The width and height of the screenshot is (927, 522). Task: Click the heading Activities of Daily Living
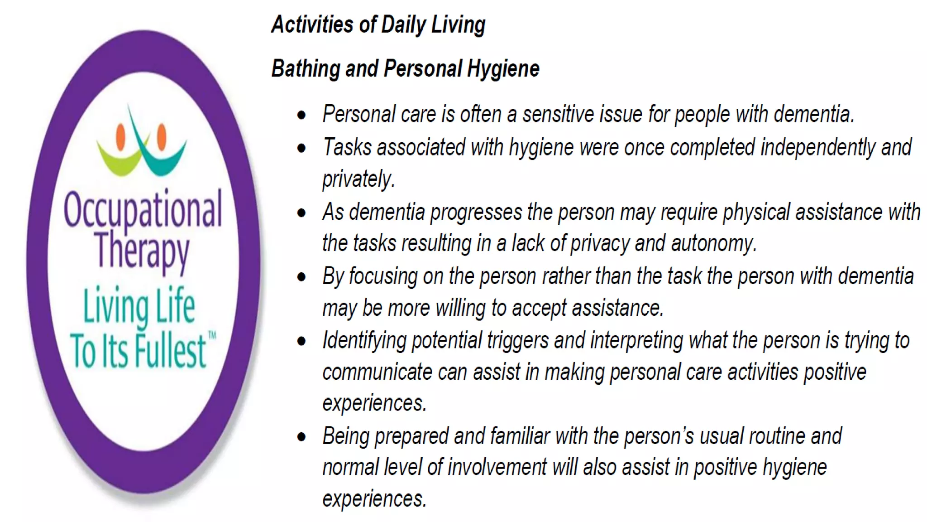coord(378,24)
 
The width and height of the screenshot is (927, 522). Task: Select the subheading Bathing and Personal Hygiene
coord(405,69)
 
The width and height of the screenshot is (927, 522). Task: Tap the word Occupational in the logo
coord(143,209)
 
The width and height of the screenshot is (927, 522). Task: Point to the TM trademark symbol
coord(212,336)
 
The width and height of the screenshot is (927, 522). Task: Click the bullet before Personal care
coord(301,115)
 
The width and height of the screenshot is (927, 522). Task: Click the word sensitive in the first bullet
coord(558,114)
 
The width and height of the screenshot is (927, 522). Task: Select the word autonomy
coord(713,244)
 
